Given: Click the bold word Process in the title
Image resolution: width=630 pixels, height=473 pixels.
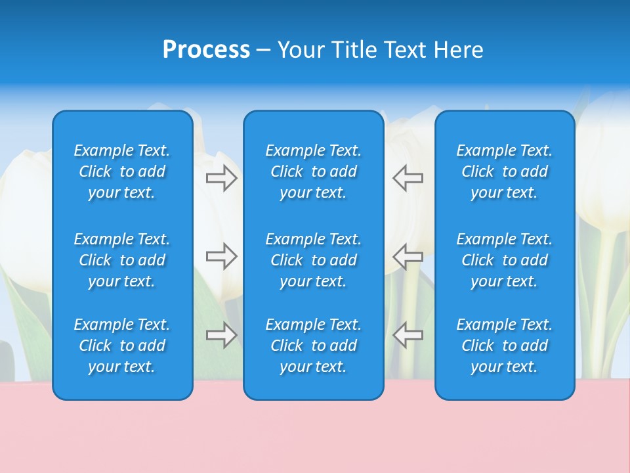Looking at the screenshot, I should click(x=206, y=50).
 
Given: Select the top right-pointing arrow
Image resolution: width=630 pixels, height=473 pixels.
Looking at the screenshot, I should click(x=222, y=178).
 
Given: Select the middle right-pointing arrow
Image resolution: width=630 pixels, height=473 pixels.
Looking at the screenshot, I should click(x=222, y=256).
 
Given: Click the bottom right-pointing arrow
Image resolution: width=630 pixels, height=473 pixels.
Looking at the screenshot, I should click(x=222, y=335).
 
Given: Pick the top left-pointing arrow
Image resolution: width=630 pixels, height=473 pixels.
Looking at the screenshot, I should click(x=408, y=178).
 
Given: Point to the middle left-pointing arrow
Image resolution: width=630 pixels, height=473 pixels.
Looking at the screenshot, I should click(x=408, y=256).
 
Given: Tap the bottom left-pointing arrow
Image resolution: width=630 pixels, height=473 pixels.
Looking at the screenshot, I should click(x=408, y=335).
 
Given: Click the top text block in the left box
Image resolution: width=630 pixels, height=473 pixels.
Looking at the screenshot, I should click(x=122, y=171).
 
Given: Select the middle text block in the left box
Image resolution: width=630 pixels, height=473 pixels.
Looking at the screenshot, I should click(x=122, y=260).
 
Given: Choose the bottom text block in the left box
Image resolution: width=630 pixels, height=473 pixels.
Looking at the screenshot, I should click(x=122, y=346).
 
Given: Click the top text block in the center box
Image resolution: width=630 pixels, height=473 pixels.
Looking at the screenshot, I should click(x=314, y=171).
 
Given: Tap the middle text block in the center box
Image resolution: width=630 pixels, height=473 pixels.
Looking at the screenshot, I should click(x=314, y=260).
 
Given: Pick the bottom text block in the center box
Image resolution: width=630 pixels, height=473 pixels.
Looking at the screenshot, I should click(x=314, y=346).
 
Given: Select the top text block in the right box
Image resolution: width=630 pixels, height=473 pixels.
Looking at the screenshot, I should click(x=505, y=171).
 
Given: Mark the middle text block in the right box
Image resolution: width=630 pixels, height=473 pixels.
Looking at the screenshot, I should click(x=505, y=260).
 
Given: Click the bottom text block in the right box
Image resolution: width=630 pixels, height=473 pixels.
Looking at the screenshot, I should click(x=505, y=346).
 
